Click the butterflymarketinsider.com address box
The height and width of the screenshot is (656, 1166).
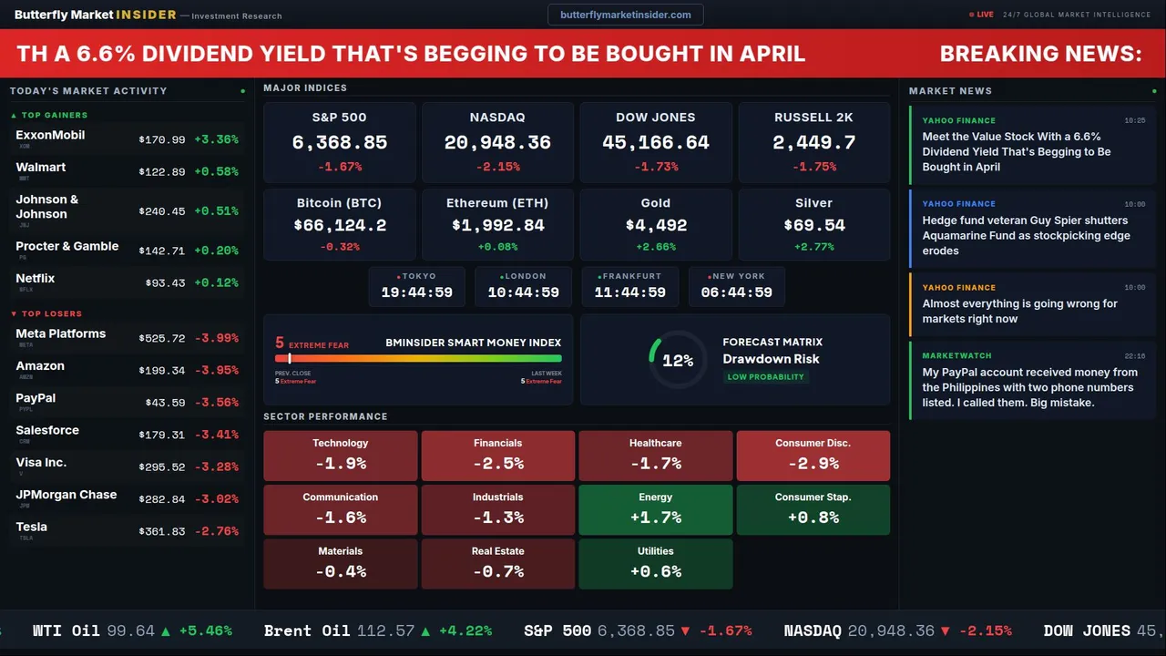tap(626, 15)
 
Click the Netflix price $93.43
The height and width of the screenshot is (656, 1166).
tap(165, 283)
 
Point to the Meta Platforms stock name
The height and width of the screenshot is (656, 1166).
tap(61, 333)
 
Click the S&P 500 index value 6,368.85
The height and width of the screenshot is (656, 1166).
tap(339, 142)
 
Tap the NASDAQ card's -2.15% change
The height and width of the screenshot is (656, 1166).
tap(497, 167)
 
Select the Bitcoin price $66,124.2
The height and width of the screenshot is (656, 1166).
tap(339, 225)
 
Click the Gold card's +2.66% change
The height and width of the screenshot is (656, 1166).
tap(655, 247)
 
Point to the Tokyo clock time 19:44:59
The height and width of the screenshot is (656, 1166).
tap(416, 292)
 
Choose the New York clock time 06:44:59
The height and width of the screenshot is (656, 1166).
tap(736, 292)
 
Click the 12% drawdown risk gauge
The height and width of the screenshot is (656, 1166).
tap(677, 361)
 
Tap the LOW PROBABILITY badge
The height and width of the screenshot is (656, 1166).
tap(765, 377)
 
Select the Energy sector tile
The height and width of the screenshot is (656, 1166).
tap(655, 509)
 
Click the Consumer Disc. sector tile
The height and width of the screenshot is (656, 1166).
tap(813, 456)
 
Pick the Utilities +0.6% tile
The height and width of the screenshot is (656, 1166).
tap(655, 563)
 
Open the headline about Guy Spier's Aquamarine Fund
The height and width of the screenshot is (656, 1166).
tap(1026, 235)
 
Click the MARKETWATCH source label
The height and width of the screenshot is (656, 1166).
tap(956, 355)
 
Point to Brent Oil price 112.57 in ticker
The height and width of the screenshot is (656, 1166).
tap(385, 630)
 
